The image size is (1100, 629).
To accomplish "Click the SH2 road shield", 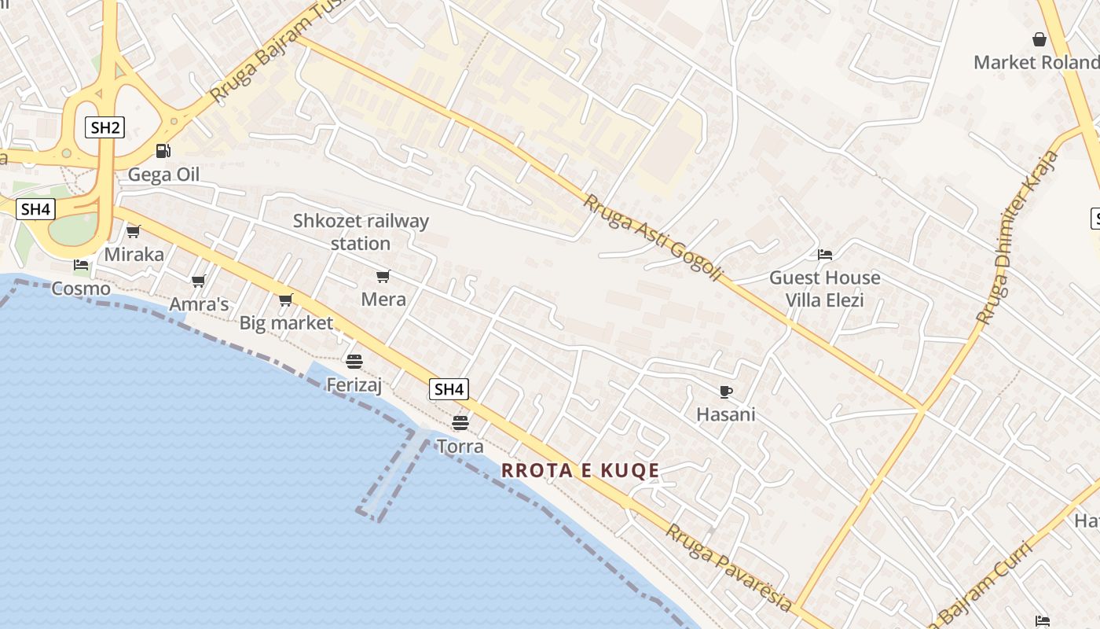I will [x=104, y=127].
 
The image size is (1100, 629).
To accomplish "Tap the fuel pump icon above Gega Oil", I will [x=163, y=150].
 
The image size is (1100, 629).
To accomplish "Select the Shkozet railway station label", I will [x=361, y=232].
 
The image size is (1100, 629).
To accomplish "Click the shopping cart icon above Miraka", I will [x=134, y=231].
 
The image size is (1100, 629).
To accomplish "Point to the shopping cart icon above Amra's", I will [x=198, y=281].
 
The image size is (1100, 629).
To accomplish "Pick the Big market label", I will [x=286, y=322].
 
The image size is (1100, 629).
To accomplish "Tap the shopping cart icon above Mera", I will [x=383, y=276].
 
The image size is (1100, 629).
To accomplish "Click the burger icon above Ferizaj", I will [x=354, y=361].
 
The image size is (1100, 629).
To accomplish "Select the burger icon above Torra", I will [x=460, y=423].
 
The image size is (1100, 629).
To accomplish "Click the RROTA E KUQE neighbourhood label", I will [x=581, y=471].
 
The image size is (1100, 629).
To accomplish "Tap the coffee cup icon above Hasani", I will [x=726, y=391].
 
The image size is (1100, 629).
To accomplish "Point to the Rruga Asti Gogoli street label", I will [x=651, y=237].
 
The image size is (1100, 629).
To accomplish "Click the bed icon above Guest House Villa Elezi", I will [x=825, y=254].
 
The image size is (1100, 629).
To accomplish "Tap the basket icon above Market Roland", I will [x=1039, y=39].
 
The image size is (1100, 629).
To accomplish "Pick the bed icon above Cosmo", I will [x=81, y=265].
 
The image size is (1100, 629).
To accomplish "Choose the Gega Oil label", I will [x=163, y=175].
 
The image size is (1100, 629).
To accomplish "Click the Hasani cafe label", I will [x=726, y=414].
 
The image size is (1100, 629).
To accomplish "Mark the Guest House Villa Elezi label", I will [x=825, y=289].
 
